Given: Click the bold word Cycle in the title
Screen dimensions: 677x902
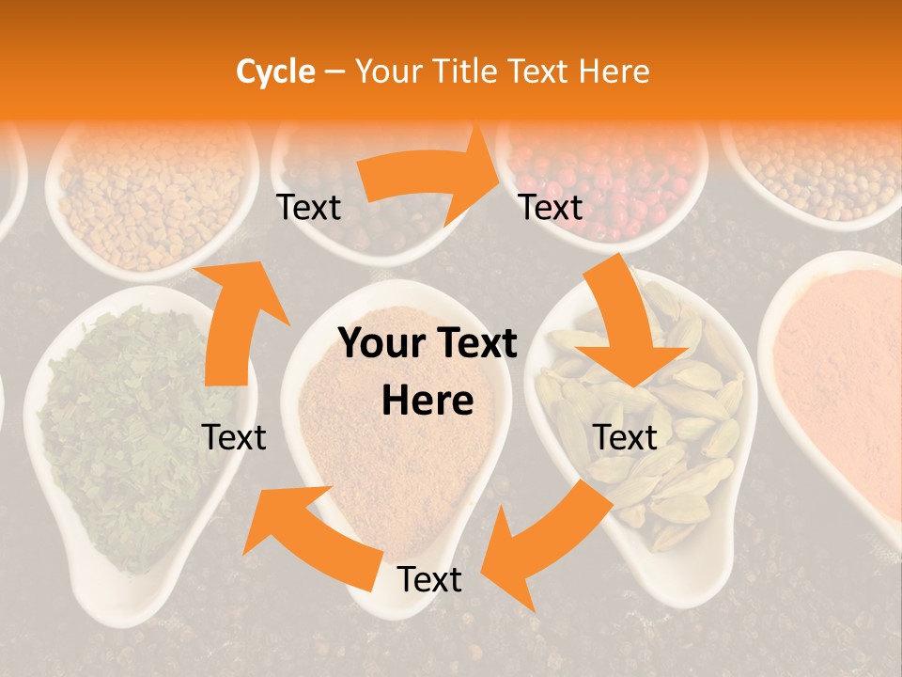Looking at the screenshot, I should pyautogui.click(x=275, y=71).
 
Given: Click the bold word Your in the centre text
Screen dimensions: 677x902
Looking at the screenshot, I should pyautogui.click(x=380, y=344).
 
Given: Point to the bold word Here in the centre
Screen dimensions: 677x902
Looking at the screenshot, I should pyautogui.click(x=428, y=401).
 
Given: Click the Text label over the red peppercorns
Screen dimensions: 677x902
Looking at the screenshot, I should pyautogui.click(x=552, y=207).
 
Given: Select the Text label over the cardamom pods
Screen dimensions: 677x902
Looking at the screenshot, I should pyautogui.click(x=625, y=437).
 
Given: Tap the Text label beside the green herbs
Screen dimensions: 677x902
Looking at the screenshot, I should pyautogui.click(x=234, y=437).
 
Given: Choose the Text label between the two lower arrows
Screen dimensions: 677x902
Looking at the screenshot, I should pyautogui.click(x=429, y=580).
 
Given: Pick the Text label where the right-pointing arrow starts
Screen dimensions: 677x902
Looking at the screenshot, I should pyautogui.click(x=308, y=207).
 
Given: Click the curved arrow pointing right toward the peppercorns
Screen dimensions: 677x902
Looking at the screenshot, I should pyautogui.click(x=432, y=179).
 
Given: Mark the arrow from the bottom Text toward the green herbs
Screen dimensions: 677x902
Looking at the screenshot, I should pyautogui.click(x=310, y=536).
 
